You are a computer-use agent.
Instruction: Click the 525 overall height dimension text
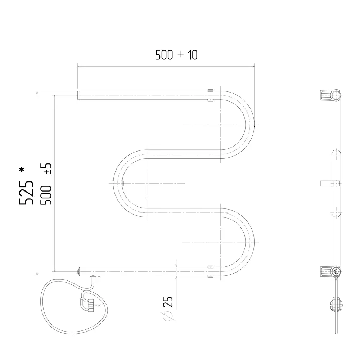(x=26, y=193)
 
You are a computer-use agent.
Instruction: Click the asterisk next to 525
(x=22, y=170)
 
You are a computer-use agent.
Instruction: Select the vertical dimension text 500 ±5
(x=46, y=184)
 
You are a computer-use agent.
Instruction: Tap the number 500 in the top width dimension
(x=164, y=55)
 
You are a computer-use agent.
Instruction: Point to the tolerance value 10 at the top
(x=193, y=55)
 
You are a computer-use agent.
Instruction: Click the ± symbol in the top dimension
(x=181, y=55)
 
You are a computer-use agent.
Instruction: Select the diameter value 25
(x=168, y=302)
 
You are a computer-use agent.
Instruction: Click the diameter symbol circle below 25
(x=168, y=316)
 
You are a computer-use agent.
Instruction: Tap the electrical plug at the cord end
(x=89, y=305)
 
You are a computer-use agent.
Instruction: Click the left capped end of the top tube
(x=78, y=95)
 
